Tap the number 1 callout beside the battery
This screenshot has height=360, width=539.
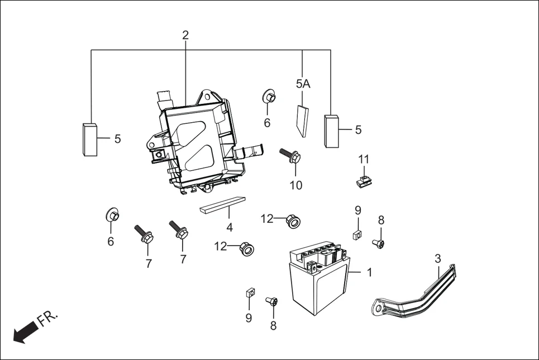click(x=369, y=272)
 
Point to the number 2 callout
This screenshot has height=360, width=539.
click(x=185, y=35)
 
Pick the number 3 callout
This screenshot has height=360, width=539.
click(x=438, y=258)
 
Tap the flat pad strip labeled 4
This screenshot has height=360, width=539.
click(x=222, y=205)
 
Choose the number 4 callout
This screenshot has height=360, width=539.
click(x=229, y=227)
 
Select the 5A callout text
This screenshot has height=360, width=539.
click(x=303, y=84)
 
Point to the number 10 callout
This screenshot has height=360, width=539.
click(x=296, y=185)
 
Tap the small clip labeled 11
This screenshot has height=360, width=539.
click(x=363, y=181)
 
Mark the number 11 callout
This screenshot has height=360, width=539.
click(x=364, y=159)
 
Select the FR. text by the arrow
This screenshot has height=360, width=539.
click(x=47, y=319)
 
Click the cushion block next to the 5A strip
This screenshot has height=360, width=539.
click(x=332, y=131)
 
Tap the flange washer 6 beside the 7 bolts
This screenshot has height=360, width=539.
click(x=112, y=215)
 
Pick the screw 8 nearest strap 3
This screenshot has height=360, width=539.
click(x=379, y=243)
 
